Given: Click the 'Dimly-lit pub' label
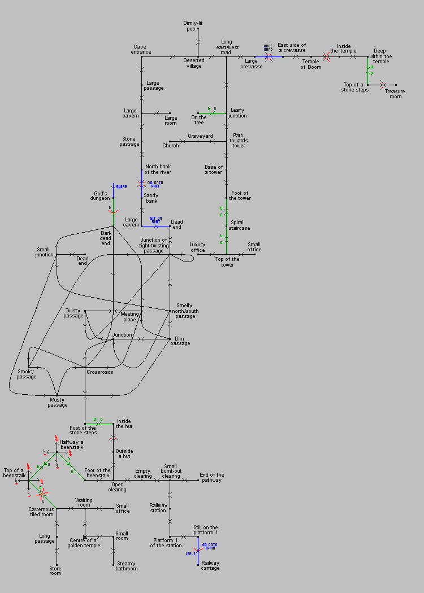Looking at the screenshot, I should click(193, 25).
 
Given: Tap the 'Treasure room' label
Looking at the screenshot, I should click(395, 94).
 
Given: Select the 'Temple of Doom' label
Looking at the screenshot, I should click(311, 64).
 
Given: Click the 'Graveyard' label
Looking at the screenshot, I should click(200, 136).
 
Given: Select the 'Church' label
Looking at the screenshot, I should click(170, 145).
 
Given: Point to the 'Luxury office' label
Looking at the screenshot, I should click(197, 247).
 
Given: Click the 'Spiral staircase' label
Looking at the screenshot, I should click(239, 225).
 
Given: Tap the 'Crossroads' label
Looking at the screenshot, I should click(99, 372).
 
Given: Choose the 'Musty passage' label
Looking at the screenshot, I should click(58, 402).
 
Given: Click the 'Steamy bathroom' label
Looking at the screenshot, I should click(127, 566).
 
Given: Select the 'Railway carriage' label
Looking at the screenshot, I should click(211, 565).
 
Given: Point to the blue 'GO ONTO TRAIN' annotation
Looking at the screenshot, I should click(209, 546).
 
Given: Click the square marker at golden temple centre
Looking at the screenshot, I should click(85, 537).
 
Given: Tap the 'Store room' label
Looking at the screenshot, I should click(55, 570).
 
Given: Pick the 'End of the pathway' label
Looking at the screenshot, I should click(212, 477).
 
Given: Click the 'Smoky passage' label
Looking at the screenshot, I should click(27, 374).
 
